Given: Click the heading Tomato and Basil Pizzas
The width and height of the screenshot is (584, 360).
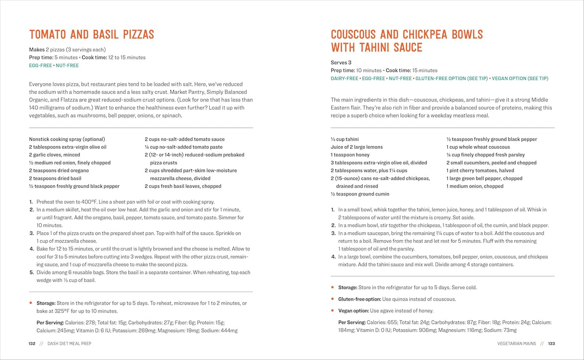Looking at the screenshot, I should click(x=91, y=34).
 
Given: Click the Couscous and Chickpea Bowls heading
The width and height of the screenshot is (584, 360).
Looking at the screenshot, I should click(x=407, y=41).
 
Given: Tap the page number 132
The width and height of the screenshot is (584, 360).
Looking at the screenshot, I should click(x=32, y=344).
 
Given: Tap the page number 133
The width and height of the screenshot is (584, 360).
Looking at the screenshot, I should click(x=551, y=344).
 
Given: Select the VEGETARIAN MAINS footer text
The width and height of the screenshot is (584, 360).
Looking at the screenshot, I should click(x=517, y=344).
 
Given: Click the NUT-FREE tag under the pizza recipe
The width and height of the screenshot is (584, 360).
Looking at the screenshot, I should click(x=67, y=65).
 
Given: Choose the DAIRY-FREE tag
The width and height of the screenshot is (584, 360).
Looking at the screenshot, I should click(x=344, y=78).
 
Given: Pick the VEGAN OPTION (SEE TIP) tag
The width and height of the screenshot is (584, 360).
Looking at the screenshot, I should click(x=520, y=78).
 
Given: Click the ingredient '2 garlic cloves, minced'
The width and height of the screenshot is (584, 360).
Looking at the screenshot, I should click(x=55, y=155).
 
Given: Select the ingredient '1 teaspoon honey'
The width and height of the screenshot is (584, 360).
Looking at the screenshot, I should click(x=350, y=155).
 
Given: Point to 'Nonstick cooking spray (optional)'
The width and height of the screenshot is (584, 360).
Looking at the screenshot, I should click(x=67, y=139).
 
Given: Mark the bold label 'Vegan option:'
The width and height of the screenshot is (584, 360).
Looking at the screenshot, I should click(x=354, y=311).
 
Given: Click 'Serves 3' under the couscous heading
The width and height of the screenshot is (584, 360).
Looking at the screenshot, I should click(x=341, y=63).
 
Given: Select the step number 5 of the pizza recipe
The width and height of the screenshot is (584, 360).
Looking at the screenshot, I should click(x=32, y=273).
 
